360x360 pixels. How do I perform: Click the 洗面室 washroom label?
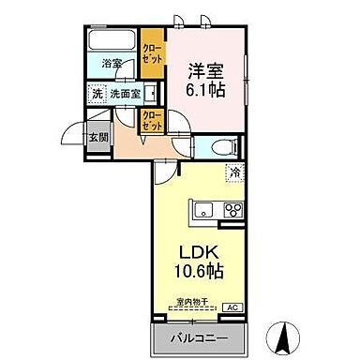(x=123, y=94)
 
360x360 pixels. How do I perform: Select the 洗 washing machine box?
(x=97, y=93)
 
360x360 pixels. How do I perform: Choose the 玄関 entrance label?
(x=97, y=136)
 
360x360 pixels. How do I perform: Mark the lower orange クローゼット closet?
(x=151, y=120)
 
